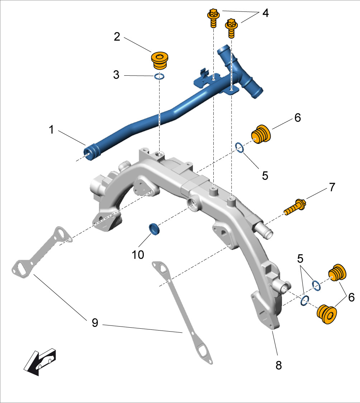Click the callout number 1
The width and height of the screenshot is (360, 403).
click(52, 130)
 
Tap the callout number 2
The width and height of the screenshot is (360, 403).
click(117, 37)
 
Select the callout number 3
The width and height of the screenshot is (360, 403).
click(116, 76)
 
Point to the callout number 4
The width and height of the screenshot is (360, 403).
click(265, 13)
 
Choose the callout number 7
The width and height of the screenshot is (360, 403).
click(332, 187)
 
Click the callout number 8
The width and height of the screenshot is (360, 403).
click(279, 365)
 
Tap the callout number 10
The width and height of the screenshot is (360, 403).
click(138, 254)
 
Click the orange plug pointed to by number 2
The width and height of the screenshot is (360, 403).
click(160, 61)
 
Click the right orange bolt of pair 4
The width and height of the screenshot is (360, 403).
click(231, 28)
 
